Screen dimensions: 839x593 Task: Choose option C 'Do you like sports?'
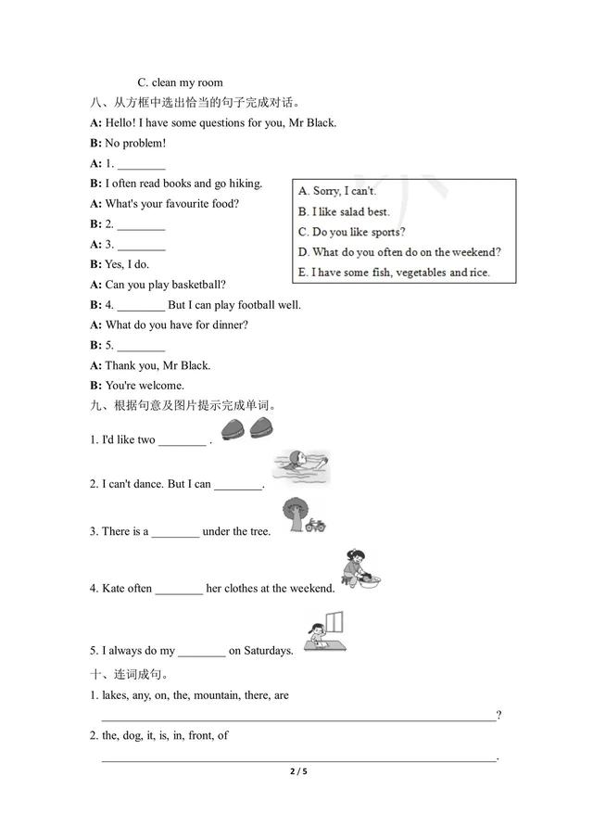coord(352,232)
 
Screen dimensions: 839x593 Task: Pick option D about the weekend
coord(399,252)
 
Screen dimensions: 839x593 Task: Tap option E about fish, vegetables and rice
coord(394,273)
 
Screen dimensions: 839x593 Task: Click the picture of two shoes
coord(246,430)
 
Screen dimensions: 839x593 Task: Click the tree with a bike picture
coord(302,516)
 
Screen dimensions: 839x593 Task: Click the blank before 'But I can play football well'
coord(141,305)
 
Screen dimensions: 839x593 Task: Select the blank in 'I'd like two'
coord(182,440)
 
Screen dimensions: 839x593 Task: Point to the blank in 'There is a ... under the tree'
coord(175,532)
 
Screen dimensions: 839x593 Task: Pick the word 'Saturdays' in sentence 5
coord(262,651)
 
